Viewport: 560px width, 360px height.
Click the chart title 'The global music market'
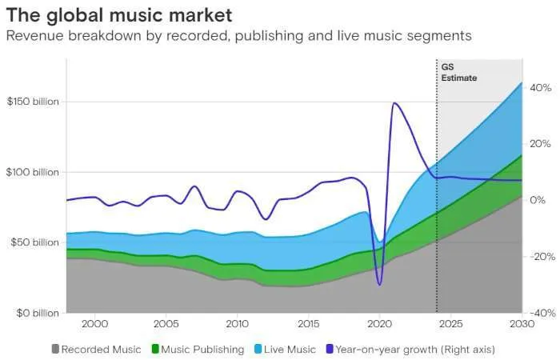click(x=119, y=14)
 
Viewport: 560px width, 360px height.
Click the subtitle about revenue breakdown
click(x=238, y=36)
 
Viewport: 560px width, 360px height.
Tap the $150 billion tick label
click(x=33, y=102)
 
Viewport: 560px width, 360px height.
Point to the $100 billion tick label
click(x=33, y=172)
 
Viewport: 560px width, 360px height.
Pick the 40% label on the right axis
click(x=540, y=88)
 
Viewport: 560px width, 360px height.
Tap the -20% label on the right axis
click(x=540, y=257)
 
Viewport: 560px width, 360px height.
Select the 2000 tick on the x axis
click(x=94, y=324)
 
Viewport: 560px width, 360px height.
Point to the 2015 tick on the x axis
click(x=308, y=324)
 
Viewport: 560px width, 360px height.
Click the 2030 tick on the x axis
click(x=522, y=324)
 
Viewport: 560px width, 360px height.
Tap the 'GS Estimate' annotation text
click(x=458, y=74)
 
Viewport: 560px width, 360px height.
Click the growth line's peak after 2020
click(x=394, y=103)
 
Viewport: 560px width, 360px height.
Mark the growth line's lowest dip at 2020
click(x=379, y=284)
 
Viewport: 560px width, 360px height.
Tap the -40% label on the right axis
click(x=540, y=313)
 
